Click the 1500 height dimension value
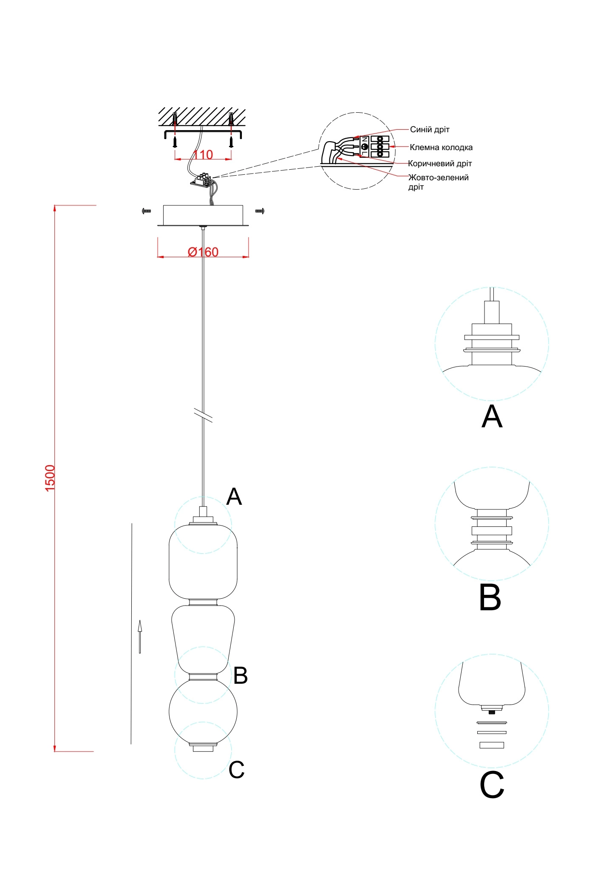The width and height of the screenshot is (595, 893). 50,478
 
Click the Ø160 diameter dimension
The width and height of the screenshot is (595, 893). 203,252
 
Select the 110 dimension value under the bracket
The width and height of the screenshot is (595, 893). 203,155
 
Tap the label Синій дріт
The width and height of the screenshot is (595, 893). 429,129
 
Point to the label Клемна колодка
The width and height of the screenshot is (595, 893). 441,148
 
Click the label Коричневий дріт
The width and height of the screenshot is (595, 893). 439,164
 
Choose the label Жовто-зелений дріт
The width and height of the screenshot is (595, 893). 438,182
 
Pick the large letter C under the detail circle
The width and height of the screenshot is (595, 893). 492,785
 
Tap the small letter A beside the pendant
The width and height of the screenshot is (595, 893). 234,497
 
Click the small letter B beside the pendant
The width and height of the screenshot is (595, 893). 240,675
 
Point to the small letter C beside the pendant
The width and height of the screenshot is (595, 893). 236,769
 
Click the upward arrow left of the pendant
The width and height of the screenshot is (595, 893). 139,636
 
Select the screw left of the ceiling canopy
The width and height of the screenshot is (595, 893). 147,210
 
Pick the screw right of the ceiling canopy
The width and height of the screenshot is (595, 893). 260,211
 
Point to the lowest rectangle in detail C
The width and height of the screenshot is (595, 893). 492,745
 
